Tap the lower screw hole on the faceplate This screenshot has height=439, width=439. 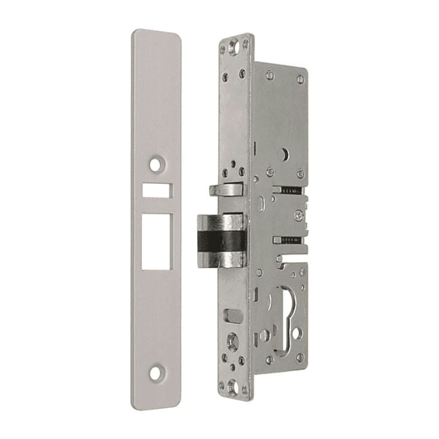click(x=156, y=372)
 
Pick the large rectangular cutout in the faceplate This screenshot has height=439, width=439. click(x=156, y=241)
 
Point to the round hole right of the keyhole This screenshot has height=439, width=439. click(x=297, y=333)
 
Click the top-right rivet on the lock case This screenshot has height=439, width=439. click(x=301, y=79)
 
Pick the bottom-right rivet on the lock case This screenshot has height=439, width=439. click(x=300, y=357)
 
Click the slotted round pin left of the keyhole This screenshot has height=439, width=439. click(x=265, y=335)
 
